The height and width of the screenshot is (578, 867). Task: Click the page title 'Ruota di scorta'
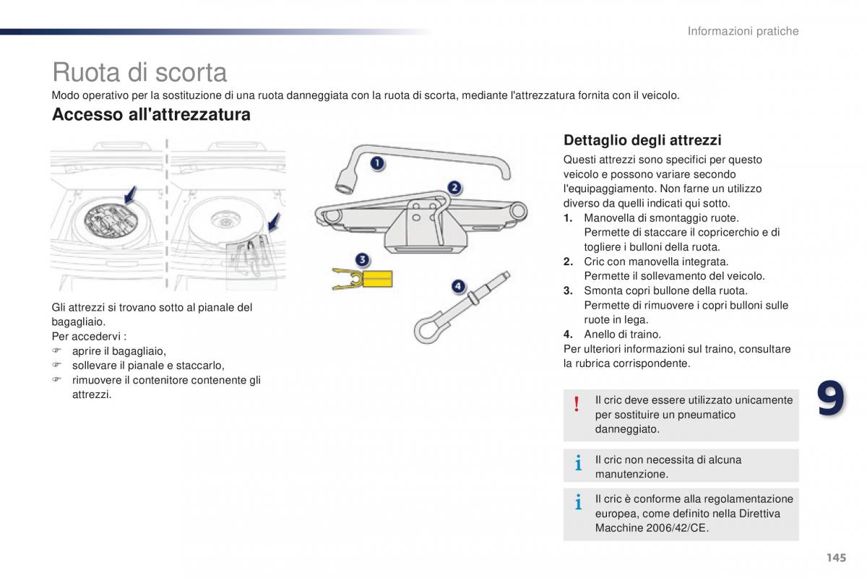point(139,72)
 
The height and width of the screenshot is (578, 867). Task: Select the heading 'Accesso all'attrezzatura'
point(151,115)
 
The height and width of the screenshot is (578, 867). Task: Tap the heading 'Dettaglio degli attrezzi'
point(642,140)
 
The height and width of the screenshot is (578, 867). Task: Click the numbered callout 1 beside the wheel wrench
point(378,164)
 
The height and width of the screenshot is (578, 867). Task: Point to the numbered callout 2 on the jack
point(454,189)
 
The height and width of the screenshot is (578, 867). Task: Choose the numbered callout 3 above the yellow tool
point(362,259)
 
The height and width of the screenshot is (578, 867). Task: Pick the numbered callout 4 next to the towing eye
point(458,288)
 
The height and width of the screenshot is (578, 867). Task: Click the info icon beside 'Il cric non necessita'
point(578,465)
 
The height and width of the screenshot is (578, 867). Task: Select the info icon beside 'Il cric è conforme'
point(578,503)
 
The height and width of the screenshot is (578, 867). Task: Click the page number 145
point(836,557)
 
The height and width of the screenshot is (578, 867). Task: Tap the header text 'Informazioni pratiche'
point(743,31)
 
